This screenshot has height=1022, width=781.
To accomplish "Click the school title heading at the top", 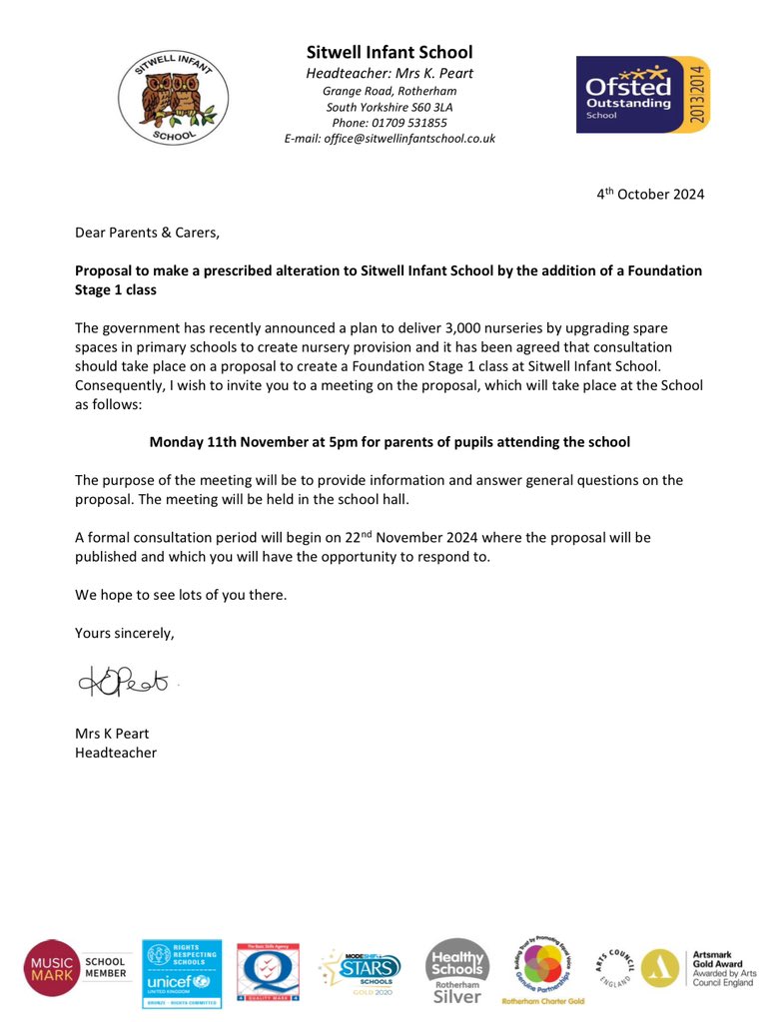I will [390, 52].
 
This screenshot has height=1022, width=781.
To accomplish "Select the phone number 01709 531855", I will [390, 123].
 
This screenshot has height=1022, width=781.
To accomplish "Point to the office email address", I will [390, 139].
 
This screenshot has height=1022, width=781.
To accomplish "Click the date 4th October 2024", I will [650, 195].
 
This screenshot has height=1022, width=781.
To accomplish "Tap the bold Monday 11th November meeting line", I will [390, 441].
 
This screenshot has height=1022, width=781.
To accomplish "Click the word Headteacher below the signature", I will [116, 753].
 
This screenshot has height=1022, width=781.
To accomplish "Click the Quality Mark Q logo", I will [268, 971].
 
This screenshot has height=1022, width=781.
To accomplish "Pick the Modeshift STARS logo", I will [362, 968].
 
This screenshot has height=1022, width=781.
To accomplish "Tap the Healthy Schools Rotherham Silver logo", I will [457, 970].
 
